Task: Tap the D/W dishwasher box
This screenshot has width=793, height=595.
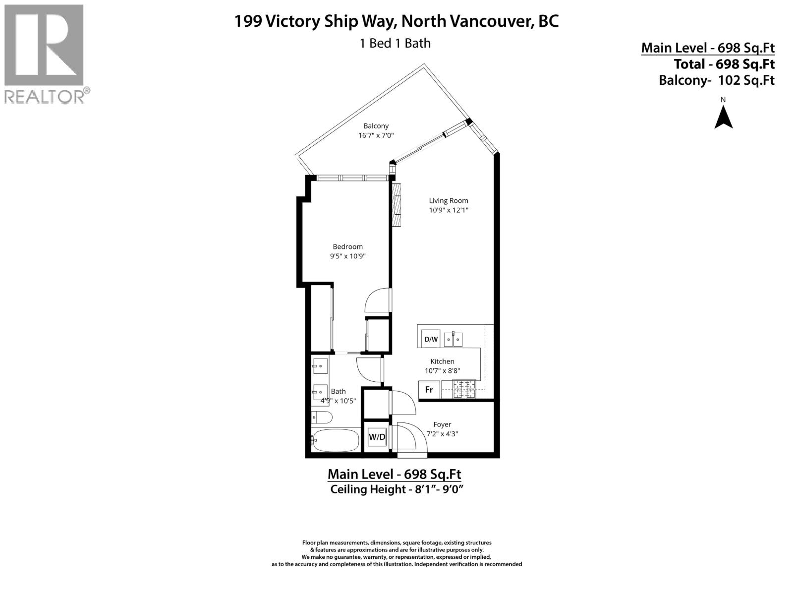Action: pos(430,339)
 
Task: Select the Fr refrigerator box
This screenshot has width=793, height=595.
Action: pos(429,390)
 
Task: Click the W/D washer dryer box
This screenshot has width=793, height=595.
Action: pos(377,437)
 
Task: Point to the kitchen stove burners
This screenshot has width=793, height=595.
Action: pos(464,389)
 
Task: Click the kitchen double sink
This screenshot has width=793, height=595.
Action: pos(453,339)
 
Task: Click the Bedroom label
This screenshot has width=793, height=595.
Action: pos(347,246)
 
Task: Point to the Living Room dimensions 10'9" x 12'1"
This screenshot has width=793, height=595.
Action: pos(449,210)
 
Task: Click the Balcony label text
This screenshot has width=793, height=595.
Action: pos(376,126)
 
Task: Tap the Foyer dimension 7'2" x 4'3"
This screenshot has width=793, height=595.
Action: pos(442,433)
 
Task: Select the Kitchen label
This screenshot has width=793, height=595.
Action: pos(442,361)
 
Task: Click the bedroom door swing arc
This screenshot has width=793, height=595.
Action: pos(377,299)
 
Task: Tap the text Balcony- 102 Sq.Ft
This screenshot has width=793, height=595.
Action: pos(716,80)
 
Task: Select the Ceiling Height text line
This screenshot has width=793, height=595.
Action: pos(396,489)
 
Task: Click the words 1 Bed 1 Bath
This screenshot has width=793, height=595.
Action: pos(395,43)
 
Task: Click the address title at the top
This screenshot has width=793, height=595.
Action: pos(396,21)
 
